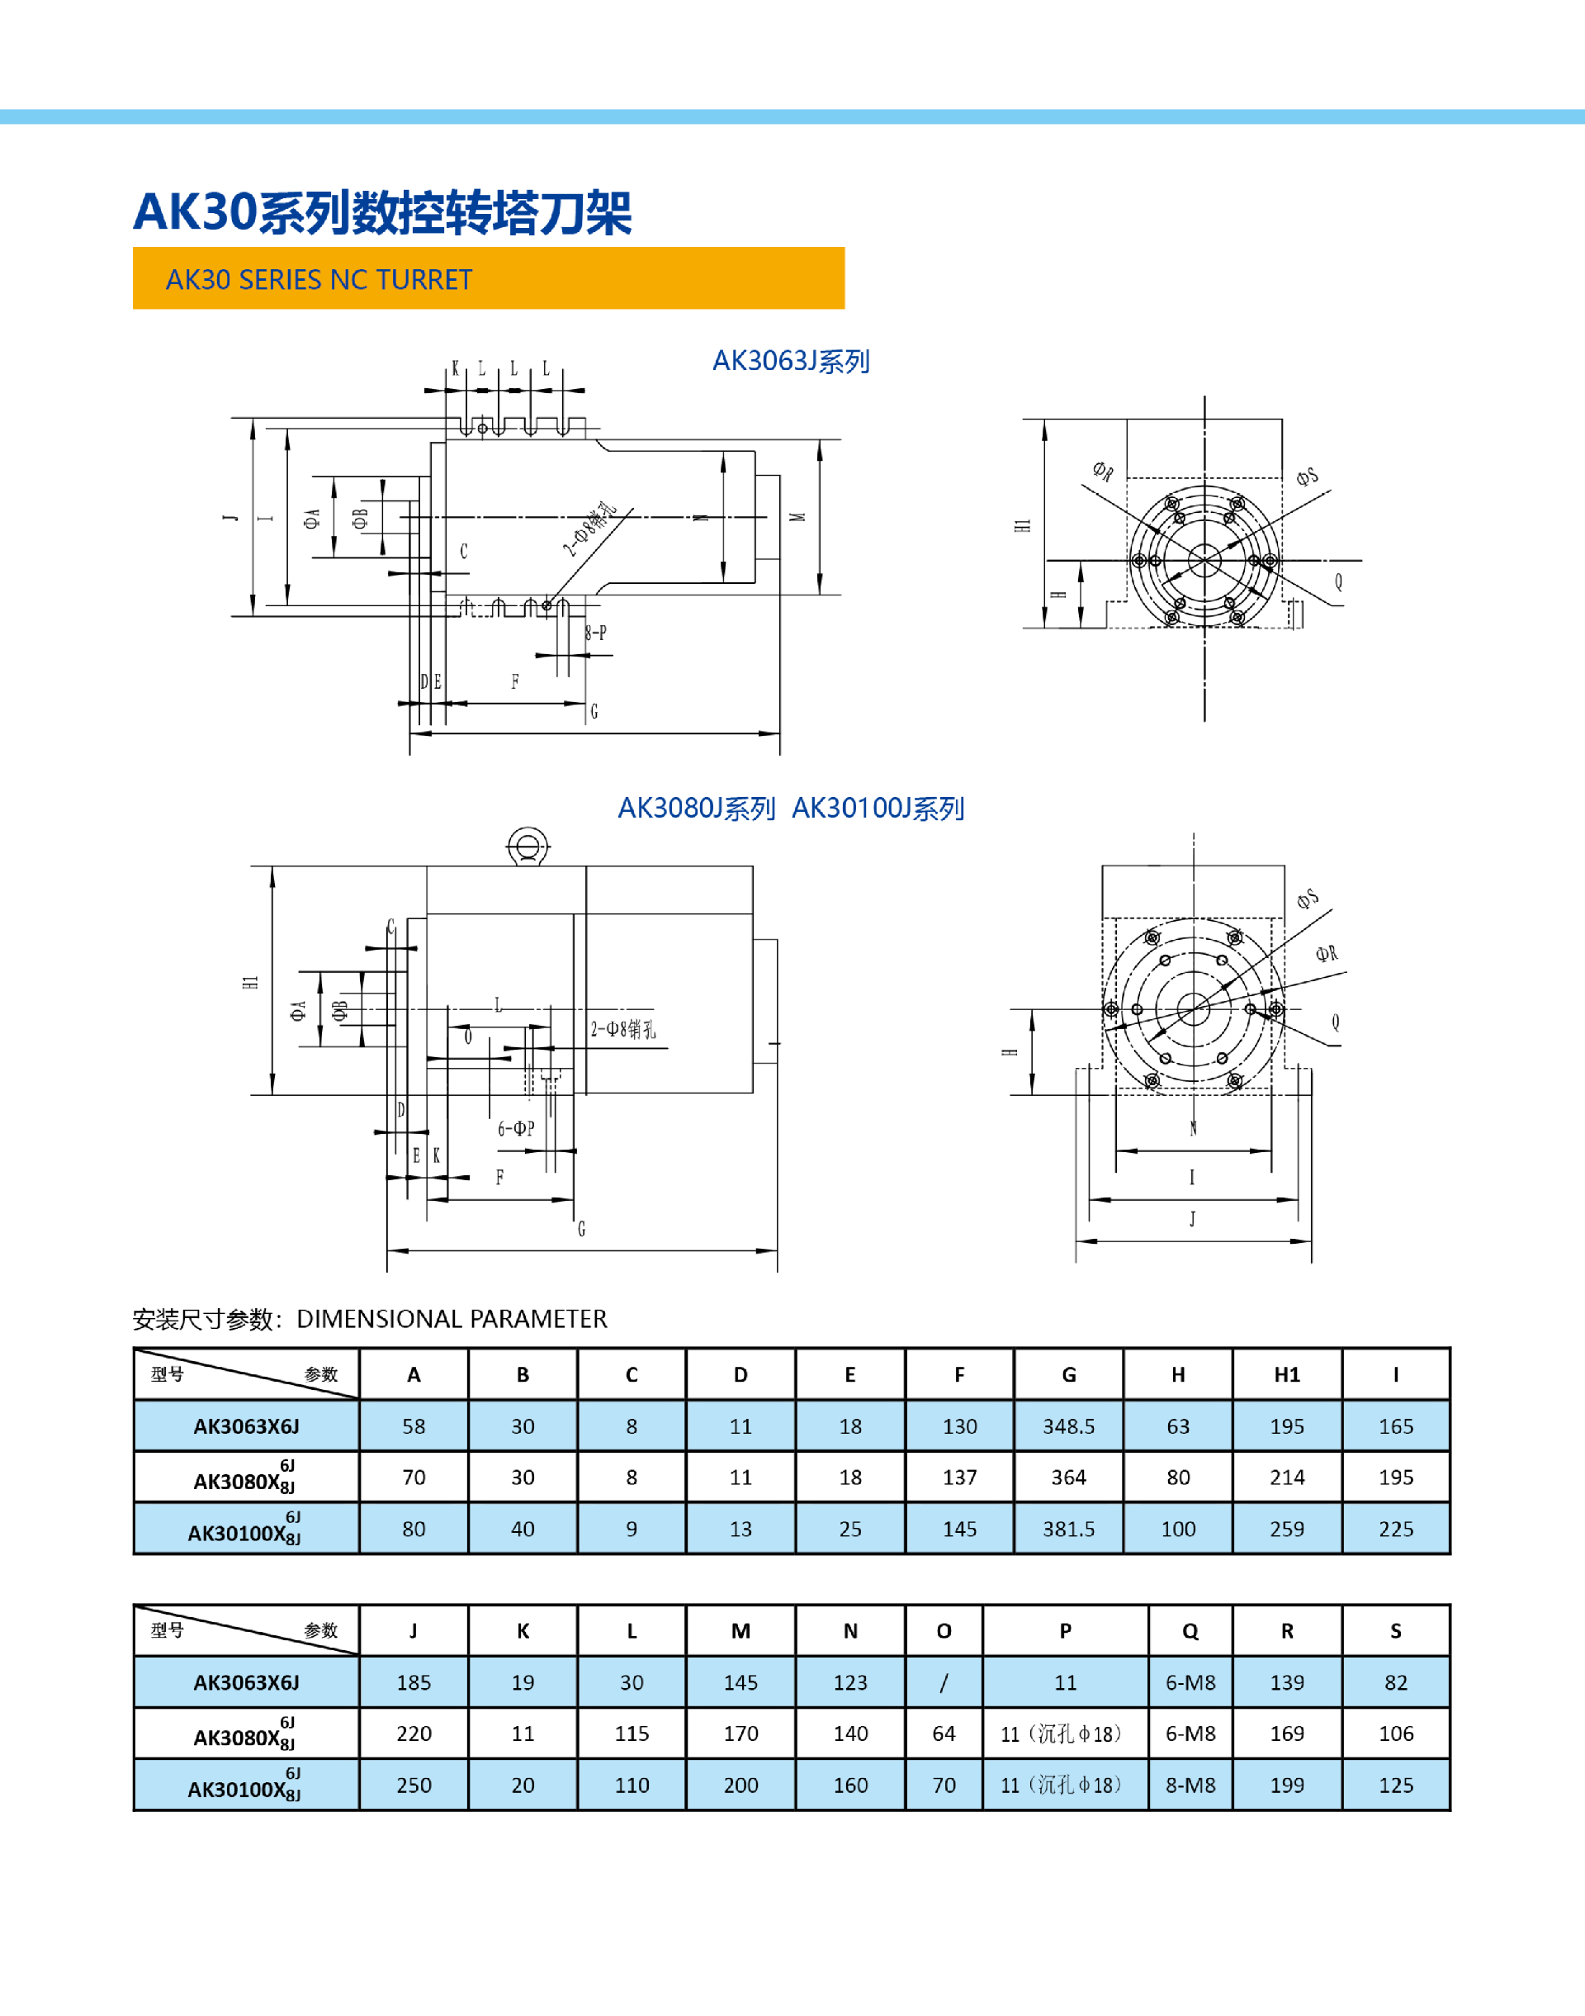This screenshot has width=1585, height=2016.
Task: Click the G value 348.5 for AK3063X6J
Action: click(1068, 1425)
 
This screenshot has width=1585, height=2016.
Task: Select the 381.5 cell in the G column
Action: click(1068, 1529)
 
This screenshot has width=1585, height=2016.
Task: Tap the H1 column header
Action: click(1286, 1374)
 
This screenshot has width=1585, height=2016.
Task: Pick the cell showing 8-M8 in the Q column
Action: click(1190, 1785)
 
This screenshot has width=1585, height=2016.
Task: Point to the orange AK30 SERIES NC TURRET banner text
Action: click(319, 279)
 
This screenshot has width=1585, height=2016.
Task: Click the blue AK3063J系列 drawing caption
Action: click(791, 361)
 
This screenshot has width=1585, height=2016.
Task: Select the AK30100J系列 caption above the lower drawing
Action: click(878, 809)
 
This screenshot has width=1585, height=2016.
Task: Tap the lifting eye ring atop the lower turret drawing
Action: click(528, 847)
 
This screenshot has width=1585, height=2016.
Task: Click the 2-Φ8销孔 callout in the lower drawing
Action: click(622, 1028)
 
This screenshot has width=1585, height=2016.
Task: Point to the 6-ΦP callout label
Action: click(516, 1129)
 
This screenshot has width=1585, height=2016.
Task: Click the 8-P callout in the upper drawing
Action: click(596, 633)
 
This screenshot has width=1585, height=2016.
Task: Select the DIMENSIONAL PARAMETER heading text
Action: click(451, 1319)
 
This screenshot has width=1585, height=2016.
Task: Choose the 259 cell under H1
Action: click(1286, 1529)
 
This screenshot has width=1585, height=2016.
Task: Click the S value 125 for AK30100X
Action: click(1396, 1785)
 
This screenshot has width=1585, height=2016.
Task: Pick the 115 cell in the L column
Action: click(631, 1734)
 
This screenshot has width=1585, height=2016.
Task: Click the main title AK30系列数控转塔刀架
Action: click(382, 211)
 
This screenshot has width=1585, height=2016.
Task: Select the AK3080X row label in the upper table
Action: click(245, 1478)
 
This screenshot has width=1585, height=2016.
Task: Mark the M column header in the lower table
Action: click(740, 1631)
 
